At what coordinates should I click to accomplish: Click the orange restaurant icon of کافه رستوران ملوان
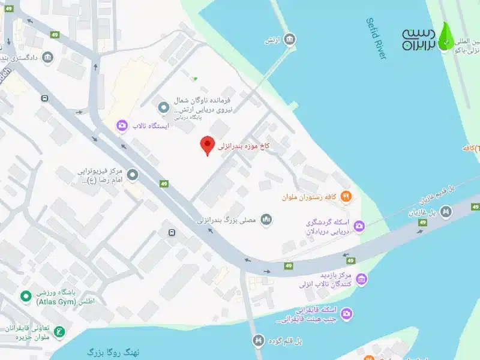(346, 196)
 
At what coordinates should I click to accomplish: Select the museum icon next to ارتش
(290, 40)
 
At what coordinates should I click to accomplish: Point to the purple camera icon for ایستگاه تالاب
(122, 125)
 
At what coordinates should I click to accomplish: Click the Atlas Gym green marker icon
(25, 296)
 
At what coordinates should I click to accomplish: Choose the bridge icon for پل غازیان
(446, 211)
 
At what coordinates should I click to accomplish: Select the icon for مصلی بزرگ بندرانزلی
(266, 221)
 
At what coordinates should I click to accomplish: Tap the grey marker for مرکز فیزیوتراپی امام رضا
(133, 175)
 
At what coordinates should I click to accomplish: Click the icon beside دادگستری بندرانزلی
(47, 58)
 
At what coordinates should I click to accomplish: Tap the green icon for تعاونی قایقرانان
(59, 331)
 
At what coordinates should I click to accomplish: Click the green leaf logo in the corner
(446, 36)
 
